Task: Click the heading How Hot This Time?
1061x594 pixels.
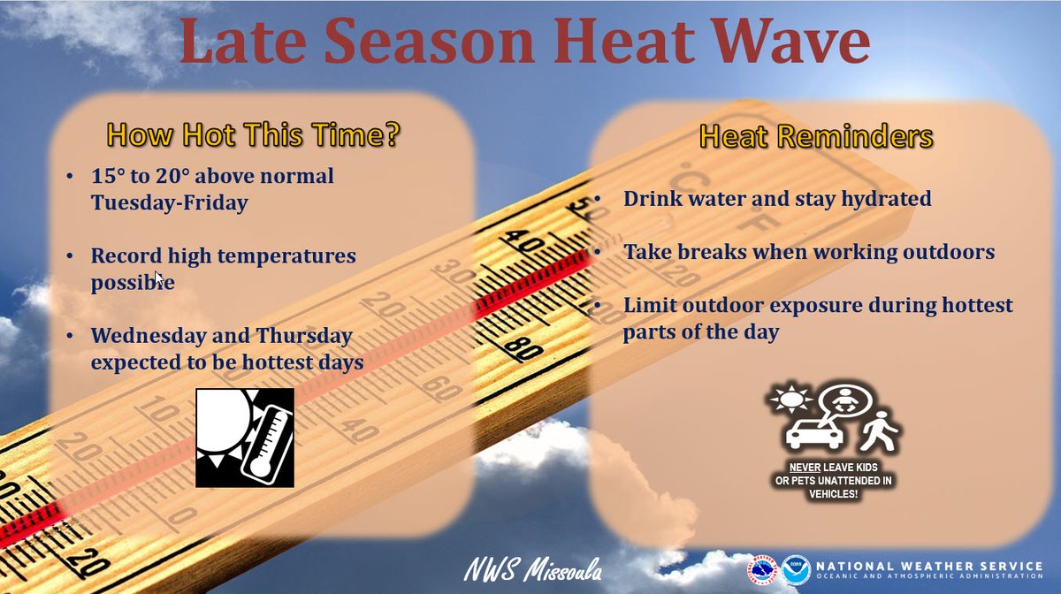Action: point(254,135)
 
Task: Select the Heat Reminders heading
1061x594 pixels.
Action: point(815,137)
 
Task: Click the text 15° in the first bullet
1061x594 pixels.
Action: point(109,176)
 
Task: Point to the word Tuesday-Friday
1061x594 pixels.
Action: point(169,202)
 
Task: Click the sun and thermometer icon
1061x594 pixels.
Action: point(245,438)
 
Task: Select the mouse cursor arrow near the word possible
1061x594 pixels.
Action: point(159,278)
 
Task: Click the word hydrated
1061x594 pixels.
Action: point(885,199)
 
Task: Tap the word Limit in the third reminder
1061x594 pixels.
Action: point(651,306)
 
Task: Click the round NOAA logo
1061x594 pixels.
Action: point(795,569)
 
